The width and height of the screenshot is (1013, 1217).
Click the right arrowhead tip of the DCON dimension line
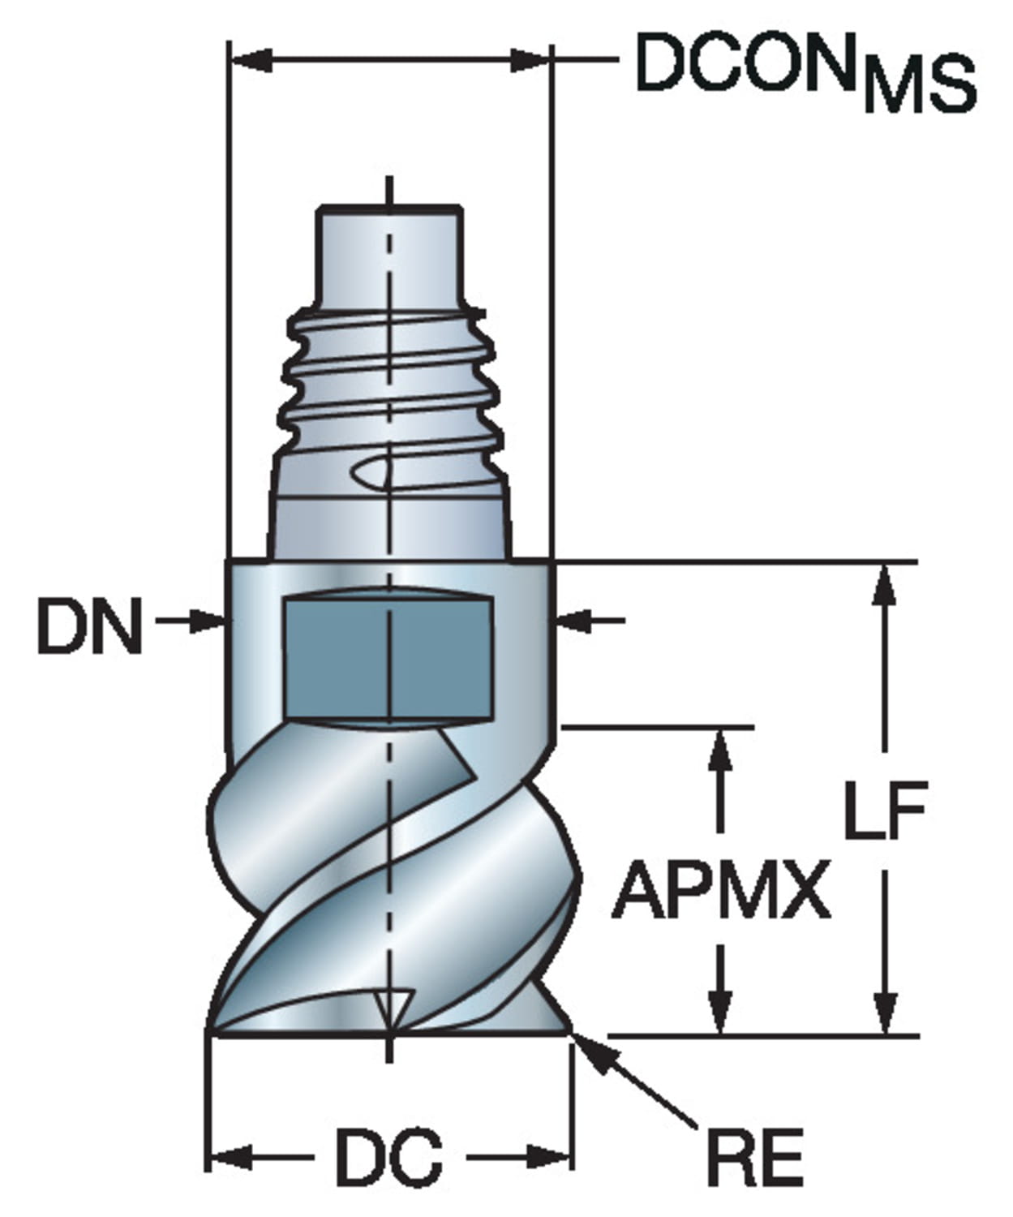550,59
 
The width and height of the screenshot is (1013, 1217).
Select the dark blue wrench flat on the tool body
388,657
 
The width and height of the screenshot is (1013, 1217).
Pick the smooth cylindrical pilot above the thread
389,256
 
